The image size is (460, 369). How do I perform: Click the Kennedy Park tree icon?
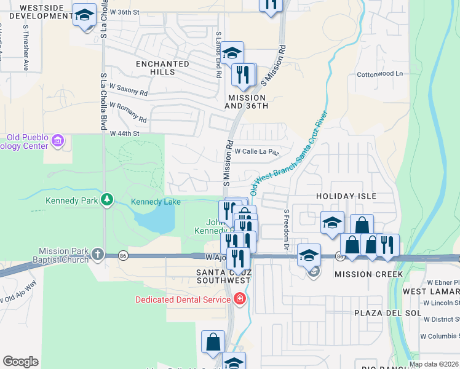pos(108,199)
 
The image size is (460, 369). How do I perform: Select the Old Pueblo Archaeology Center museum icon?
pos(58,141)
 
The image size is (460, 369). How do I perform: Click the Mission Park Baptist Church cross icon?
pos(98,254)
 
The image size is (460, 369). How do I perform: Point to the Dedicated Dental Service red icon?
pos(239,300)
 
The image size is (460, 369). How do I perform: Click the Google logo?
pos(20,362)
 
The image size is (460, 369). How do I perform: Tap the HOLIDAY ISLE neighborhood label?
pos(346,196)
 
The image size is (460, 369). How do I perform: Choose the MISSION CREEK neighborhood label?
pos(369,274)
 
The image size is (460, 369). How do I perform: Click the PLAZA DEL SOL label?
pos(387,312)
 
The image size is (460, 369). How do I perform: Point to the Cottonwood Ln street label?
pos(379,74)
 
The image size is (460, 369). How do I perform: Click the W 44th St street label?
pos(125,133)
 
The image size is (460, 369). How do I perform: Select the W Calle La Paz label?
pos(256,151)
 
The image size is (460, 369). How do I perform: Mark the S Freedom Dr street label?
pos(287,229)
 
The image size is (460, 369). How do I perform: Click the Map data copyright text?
pos(434,364)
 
